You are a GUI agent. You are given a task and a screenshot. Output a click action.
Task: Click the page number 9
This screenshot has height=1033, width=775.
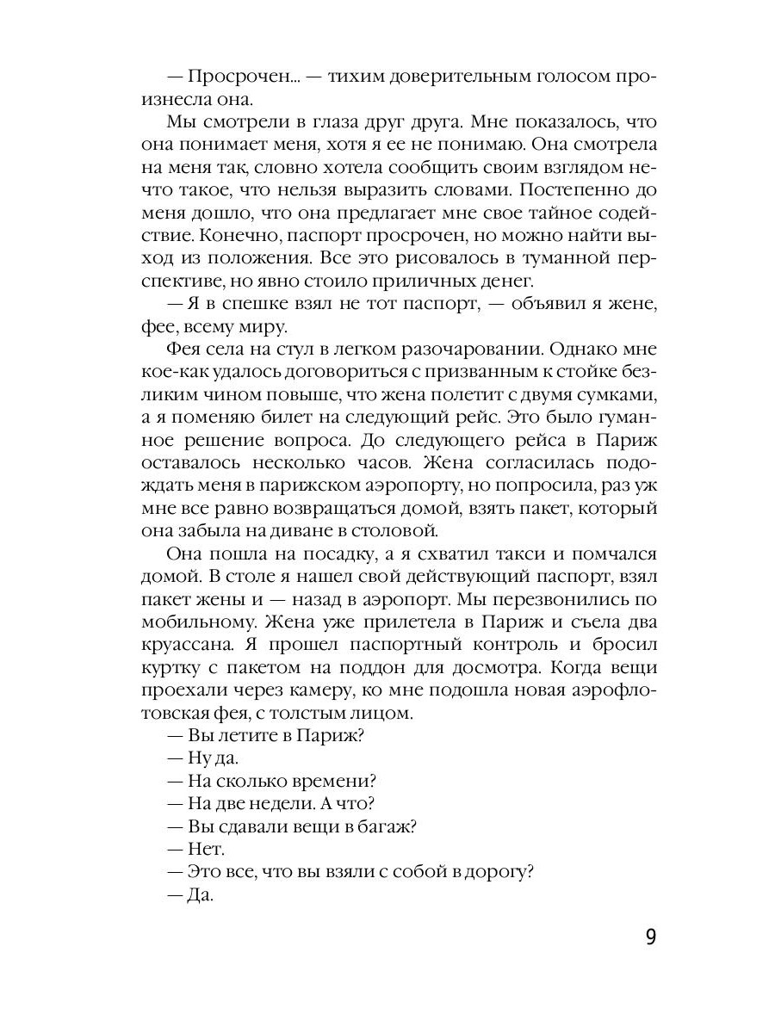point(650,937)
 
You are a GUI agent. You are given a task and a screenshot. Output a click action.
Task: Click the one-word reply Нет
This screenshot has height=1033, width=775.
point(206,848)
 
